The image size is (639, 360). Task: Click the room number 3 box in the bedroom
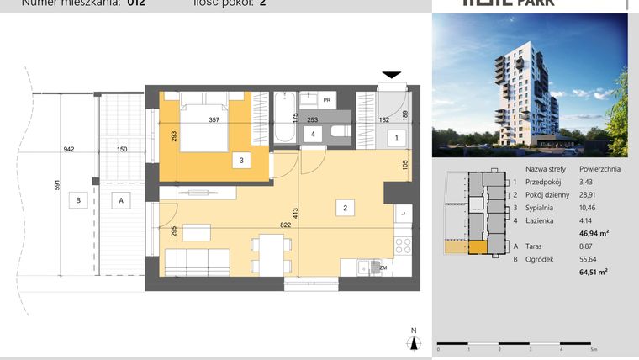[x=241, y=160]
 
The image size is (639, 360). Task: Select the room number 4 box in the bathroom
[x=313, y=134]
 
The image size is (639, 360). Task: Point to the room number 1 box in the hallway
[x=395, y=137]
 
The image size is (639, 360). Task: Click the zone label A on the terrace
[x=121, y=200]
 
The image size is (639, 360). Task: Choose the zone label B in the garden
[x=78, y=200]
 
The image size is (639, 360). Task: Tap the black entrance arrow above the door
[x=393, y=76]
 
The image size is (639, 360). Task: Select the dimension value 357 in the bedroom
[x=214, y=119]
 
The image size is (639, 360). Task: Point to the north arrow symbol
[x=413, y=341]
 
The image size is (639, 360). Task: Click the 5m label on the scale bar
[x=594, y=349]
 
